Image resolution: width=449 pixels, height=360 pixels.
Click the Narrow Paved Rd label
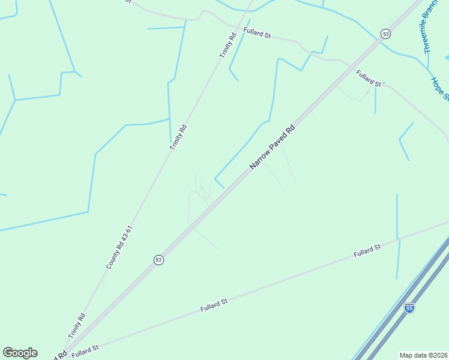273,146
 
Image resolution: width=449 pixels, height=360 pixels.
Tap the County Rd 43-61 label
118,247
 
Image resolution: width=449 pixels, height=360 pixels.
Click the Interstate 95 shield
409,308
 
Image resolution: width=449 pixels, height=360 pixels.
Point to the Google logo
20,353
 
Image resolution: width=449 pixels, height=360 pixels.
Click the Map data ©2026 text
424,355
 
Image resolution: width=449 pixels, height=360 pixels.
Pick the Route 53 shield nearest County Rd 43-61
158,260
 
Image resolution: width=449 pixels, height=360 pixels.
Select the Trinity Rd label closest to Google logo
77,326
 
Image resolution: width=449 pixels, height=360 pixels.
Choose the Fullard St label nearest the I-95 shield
367,251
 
